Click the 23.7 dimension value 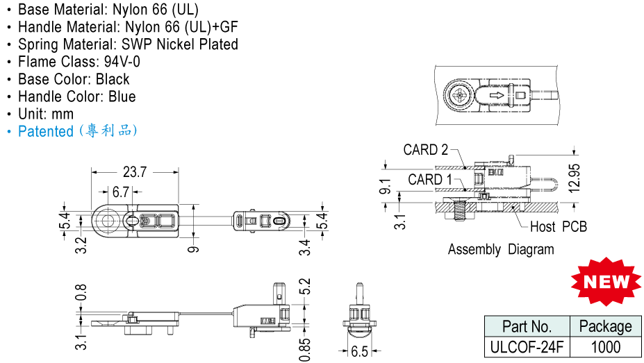pyautogui.click(x=135, y=172)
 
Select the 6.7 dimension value pyautogui.click(x=121, y=192)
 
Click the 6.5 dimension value pyautogui.click(x=359, y=352)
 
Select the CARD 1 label pyautogui.click(x=426, y=180)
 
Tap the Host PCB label pyautogui.click(x=558, y=227)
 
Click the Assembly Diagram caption pyautogui.click(x=500, y=249)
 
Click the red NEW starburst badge pyautogui.click(x=604, y=282)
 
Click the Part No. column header pyautogui.click(x=527, y=327)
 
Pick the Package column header pyautogui.click(x=605, y=327)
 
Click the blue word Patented pyautogui.click(x=46, y=131)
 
